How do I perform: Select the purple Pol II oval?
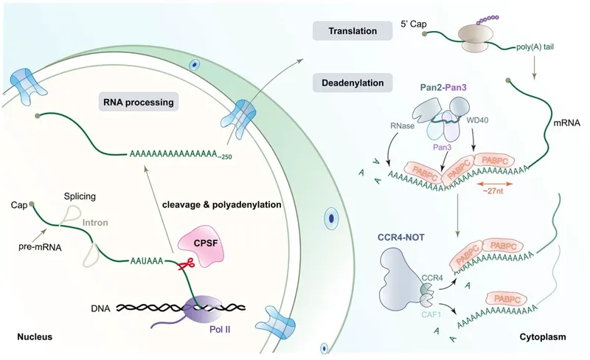pos(206,308)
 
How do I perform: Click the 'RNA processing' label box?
pos(139,103)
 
